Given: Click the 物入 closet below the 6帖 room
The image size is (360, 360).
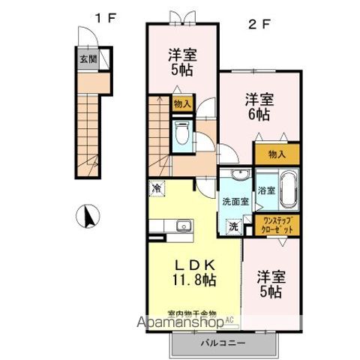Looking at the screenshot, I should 276,154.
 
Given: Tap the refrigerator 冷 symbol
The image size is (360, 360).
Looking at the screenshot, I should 155,189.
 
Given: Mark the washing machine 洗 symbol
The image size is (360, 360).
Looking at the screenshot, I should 232,226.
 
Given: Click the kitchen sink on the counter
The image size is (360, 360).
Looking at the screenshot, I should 183,226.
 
